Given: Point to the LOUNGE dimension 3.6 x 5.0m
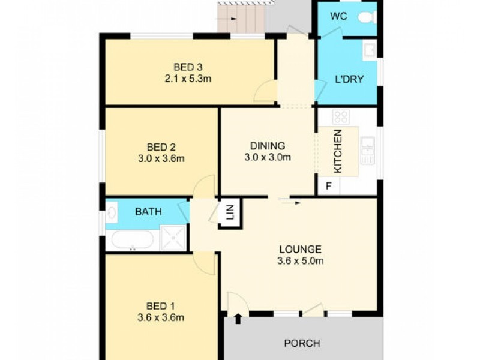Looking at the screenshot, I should [x=301, y=261].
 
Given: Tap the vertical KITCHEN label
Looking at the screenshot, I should [x=338, y=152].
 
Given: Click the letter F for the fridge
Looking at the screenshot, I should [x=328, y=186].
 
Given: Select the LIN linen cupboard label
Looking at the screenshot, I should [x=230, y=213].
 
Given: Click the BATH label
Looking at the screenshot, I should [x=148, y=211].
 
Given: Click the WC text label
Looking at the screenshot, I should [x=339, y=16].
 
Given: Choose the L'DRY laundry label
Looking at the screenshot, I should [x=349, y=79].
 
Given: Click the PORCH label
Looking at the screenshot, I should [x=302, y=344].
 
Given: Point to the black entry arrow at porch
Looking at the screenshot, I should [x=238, y=317].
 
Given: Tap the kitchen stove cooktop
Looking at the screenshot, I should [x=341, y=116].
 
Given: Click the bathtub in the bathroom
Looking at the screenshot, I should [x=133, y=240].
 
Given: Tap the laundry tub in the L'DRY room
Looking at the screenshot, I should [x=370, y=49].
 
